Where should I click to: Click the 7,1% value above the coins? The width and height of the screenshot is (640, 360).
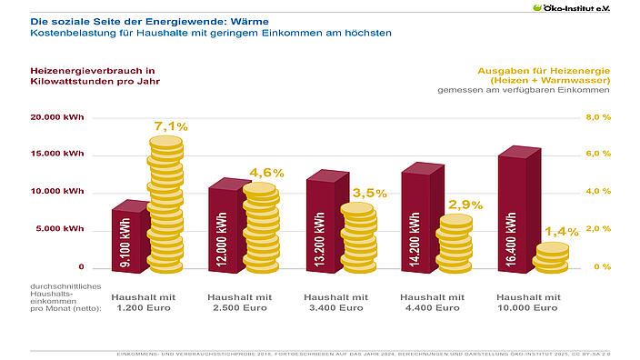tap(170, 125)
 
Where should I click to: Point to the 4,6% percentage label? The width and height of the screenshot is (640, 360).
tap(266, 173)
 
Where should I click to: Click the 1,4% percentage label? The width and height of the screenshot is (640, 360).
tap(561, 232)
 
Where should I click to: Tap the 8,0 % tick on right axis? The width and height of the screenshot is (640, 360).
tap(596, 117)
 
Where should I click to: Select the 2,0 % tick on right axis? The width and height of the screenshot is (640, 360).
tap(596, 229)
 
